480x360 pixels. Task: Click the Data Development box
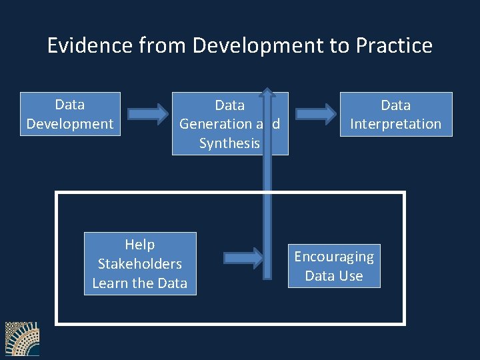coord(70,114)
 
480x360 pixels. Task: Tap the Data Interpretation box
coord(396,114)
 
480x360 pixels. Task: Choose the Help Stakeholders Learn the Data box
coord(140,263)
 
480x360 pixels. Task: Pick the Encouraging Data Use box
coord(334,266)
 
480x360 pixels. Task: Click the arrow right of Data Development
coord(148,113)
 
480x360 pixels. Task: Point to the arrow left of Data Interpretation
coord(315,113)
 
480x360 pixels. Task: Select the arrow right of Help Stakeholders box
coord(243,257)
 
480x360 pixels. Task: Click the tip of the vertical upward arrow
coord(267,91)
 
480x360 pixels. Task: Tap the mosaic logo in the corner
coord(22,339)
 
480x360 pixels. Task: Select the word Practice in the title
coord(394,45)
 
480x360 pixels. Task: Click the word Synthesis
coord(229,143)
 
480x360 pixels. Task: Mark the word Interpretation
coord(396,124)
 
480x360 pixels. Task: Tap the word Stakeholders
coord(140,263)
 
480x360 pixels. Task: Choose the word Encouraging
coord(334,257)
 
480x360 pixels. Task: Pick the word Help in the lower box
coord(140,245)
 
